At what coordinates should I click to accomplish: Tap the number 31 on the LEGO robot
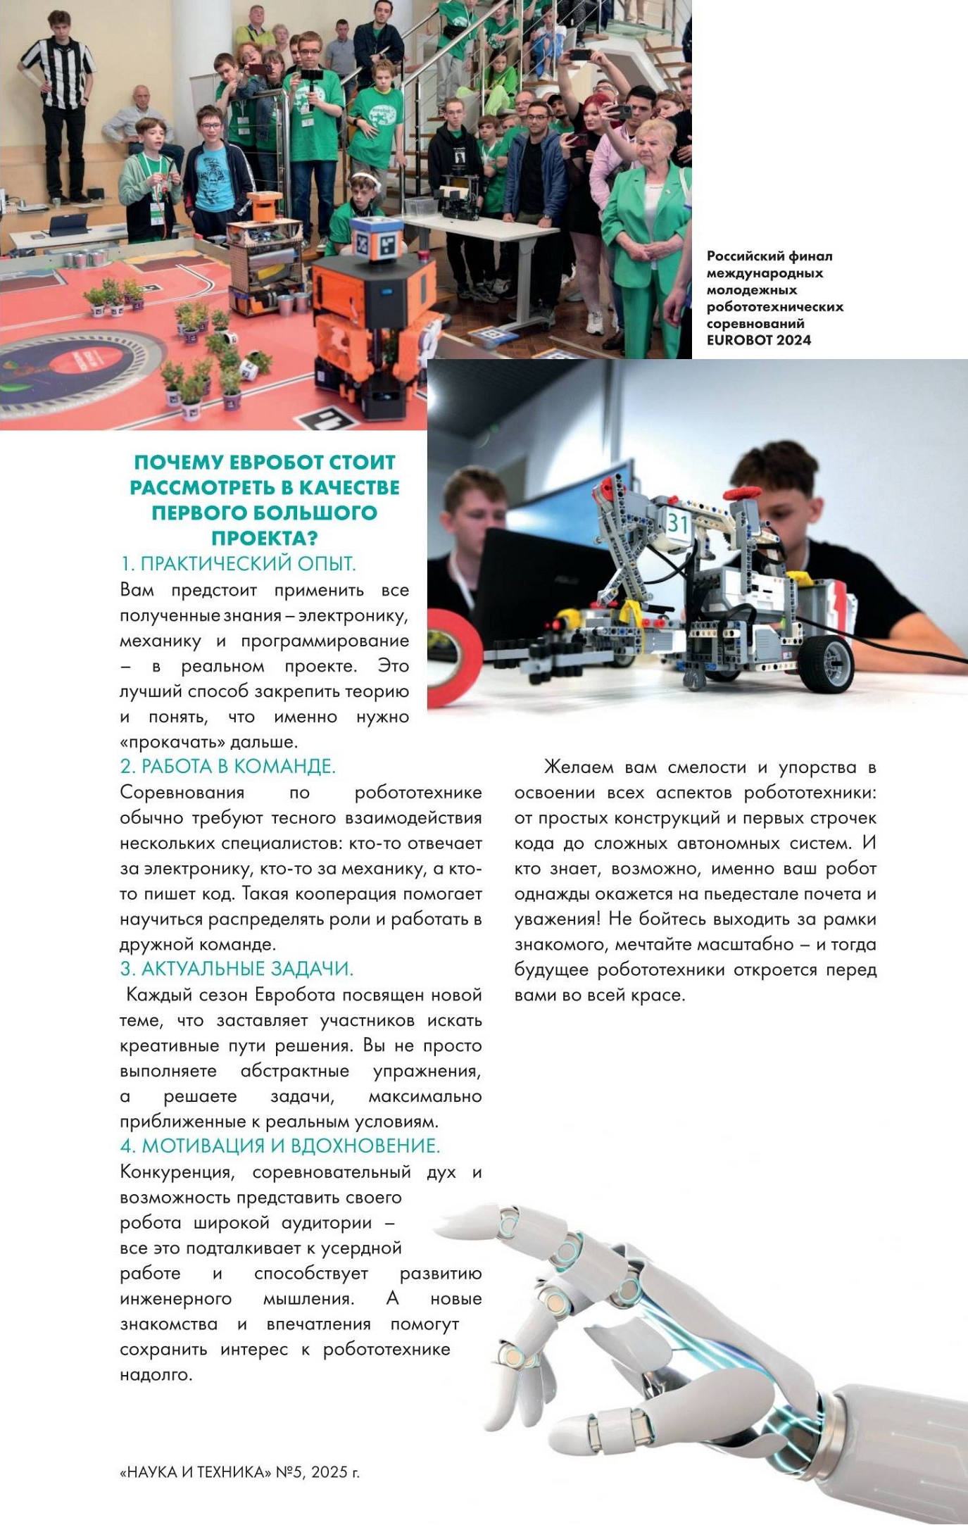pyautogui.click(x=677, y=523)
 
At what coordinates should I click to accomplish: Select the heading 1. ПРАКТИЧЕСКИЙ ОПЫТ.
pyautogui.click(x=238, y=564)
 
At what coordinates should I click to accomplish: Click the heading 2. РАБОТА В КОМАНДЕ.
pyautogui.click(x=227, y=766)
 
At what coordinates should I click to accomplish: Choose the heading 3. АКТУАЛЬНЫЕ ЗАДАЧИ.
pyautogui.click(x=237, y=969)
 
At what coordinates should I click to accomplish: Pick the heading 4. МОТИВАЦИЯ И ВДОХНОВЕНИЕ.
pyautogui.click(x=279, y=1146)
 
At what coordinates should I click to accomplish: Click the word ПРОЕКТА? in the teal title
pyautogui.click(x=264, y=539)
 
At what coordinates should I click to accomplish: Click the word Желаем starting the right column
pyautogui.click(x=579, y=767)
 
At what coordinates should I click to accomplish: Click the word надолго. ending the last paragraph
pyautogui.click(x=156, y=1374)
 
